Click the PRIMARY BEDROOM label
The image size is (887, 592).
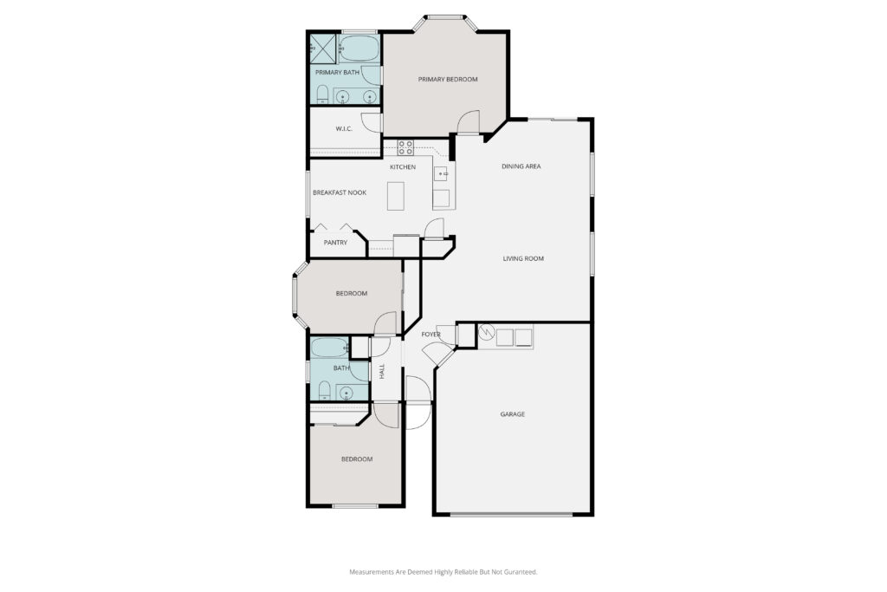[448, 79]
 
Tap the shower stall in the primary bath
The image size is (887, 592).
[323, 49]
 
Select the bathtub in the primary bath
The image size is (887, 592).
[359, 49]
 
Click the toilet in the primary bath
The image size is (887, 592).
[322, 94]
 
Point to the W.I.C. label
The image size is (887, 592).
[344, 129]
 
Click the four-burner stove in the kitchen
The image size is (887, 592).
[405, 147]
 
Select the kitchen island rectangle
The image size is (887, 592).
[395, 196]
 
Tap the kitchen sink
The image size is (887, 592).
[441, 173]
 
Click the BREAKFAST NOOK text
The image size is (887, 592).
[340, 193]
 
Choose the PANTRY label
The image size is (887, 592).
[335, 243]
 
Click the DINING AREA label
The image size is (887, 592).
[521, 166]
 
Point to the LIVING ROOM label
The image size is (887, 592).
[523, 258]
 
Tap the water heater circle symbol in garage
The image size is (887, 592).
[486, 332]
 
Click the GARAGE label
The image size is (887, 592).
[513, 414]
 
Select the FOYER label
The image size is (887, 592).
[431, 335]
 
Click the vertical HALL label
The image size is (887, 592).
[382, 371]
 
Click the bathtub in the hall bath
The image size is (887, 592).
[330, 347]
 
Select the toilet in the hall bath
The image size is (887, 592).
[324, 390]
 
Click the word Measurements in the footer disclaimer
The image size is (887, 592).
[371, 572]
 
